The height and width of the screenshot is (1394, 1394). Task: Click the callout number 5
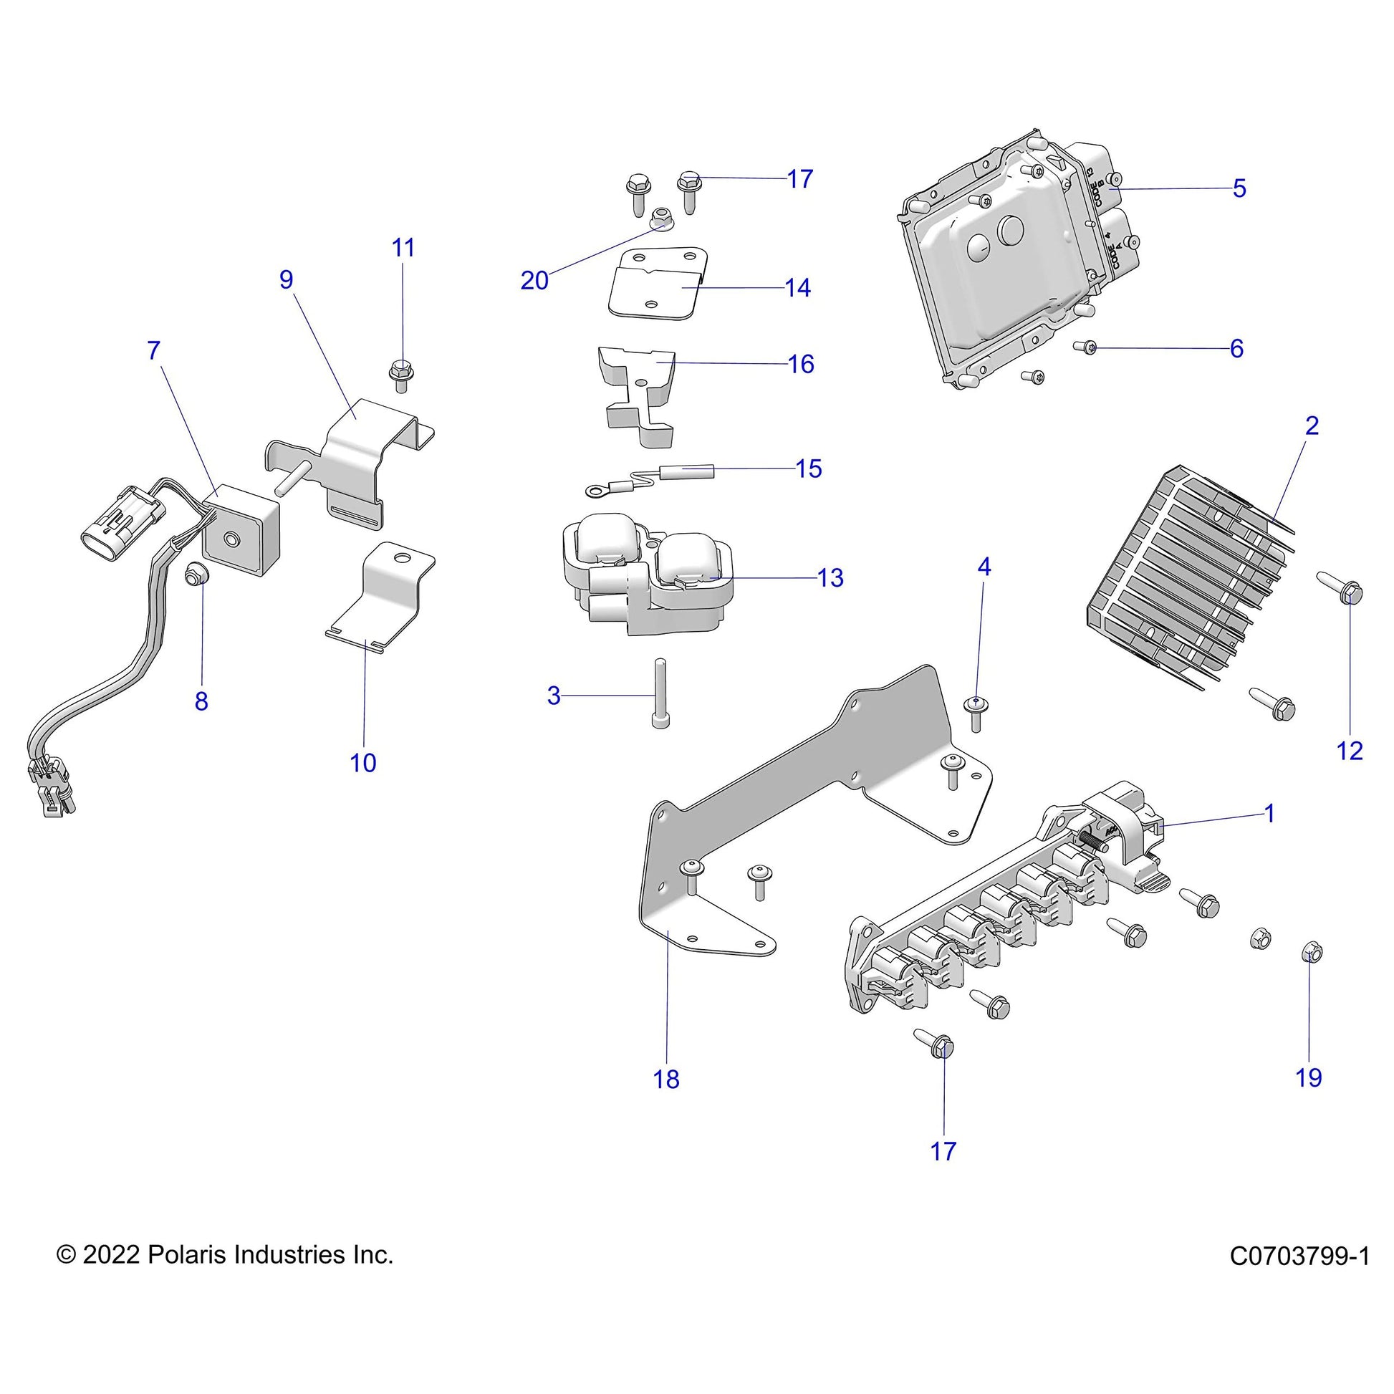pyautogui.click(x=1239, y=189)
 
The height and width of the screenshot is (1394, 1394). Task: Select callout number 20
pyautogui.click(x=534, y=281)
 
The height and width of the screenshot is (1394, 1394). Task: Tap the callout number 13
pyautogui.click(x=830, y=578)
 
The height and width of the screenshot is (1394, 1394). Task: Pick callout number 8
pyautogui.click(x=201, y=701)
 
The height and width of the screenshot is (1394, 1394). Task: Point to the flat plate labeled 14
pyautogui.click(x=658, y=284)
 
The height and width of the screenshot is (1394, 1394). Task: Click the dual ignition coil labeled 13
pyautogui.click(x=648, y=574)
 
